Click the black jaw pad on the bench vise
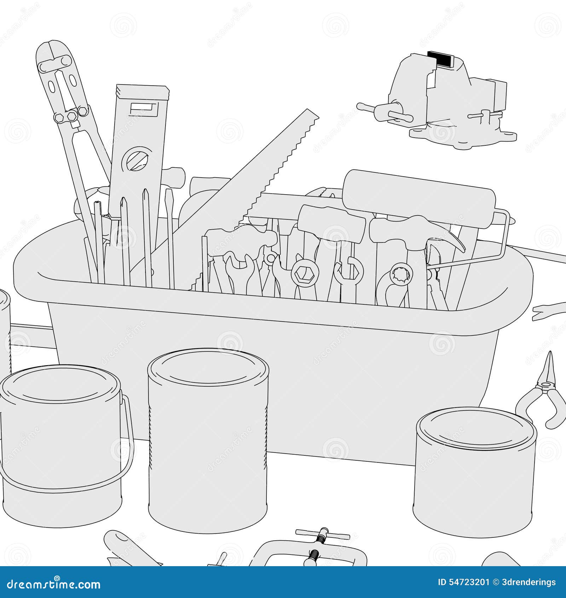coord(440,59)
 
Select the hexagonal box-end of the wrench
coord(305,273)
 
